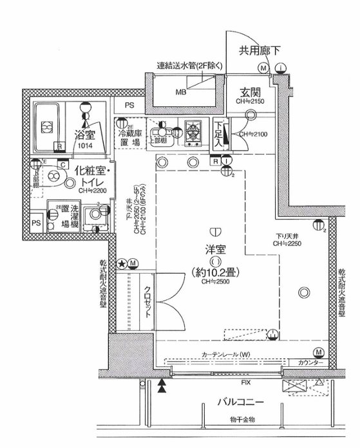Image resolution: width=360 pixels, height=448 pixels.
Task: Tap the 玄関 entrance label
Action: point(251,91)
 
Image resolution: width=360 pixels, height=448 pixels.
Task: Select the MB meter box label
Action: point(181,91)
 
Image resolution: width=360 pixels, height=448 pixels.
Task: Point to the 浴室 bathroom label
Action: point(85,135)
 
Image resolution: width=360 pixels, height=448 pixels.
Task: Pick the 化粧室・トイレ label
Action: point(90,176)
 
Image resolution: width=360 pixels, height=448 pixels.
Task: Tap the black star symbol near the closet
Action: point(120,263)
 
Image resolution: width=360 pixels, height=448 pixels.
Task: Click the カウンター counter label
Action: point(312,362)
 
